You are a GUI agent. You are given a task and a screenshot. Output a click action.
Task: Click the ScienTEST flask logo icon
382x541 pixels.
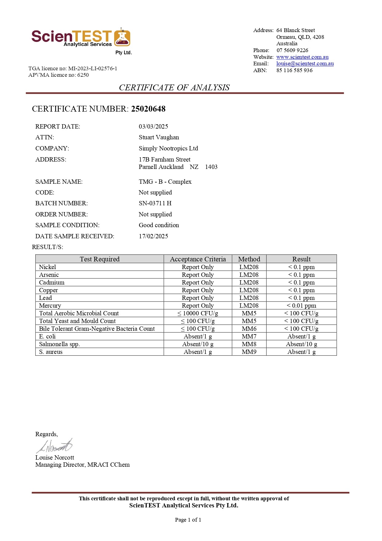(122, 38)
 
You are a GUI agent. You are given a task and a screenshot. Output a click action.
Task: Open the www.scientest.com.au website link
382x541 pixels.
(302, 57)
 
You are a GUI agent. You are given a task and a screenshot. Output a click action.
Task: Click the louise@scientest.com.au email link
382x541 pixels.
(305, 64)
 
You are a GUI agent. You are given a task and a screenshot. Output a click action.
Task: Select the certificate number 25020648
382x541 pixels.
(148, 109)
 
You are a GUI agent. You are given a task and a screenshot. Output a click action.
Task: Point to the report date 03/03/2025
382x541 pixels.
(153, 126)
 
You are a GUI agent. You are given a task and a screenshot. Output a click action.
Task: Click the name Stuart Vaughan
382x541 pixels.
(159, 137)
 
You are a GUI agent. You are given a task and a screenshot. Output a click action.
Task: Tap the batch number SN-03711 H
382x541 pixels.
(155, 203)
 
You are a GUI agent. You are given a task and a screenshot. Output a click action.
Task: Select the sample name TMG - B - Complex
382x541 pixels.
(165, 182)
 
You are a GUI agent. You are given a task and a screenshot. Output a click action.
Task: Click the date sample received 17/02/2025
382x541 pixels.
(153, 236)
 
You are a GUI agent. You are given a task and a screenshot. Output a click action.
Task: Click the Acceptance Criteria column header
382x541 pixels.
(198, 259)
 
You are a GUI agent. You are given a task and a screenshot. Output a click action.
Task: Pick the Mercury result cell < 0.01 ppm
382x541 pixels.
(301, 305)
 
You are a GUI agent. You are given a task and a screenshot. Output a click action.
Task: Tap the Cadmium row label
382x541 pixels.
(52, 282)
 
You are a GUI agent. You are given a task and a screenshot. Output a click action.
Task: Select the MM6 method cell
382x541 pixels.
(249, 329)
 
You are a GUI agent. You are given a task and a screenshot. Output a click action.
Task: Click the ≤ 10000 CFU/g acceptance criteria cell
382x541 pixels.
(198, 313)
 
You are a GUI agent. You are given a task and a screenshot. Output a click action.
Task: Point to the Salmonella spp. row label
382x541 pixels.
(59, 344)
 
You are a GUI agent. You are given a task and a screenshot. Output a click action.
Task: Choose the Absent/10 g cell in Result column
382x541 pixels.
(301, 344)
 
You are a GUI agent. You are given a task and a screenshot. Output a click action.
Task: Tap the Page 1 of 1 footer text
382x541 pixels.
(188, 520)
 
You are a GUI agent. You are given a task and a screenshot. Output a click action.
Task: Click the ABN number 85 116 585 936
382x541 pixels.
(294, 70)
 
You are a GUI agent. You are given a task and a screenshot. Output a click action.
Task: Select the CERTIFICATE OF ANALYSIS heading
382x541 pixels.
(174, 88)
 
